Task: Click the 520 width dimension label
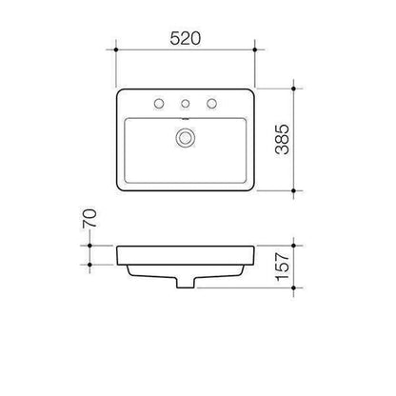click(186, 38)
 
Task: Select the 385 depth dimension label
click(282, 139)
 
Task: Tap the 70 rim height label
click(89, 218)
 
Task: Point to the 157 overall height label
click(282, 267)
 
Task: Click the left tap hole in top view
click(159, 104)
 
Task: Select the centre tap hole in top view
click(186, 104)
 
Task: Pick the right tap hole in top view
click(211, 104)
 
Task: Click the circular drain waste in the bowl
click(185, 138)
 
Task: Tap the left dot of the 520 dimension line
click(116, 49)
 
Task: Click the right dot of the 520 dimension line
click(255, 49)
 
